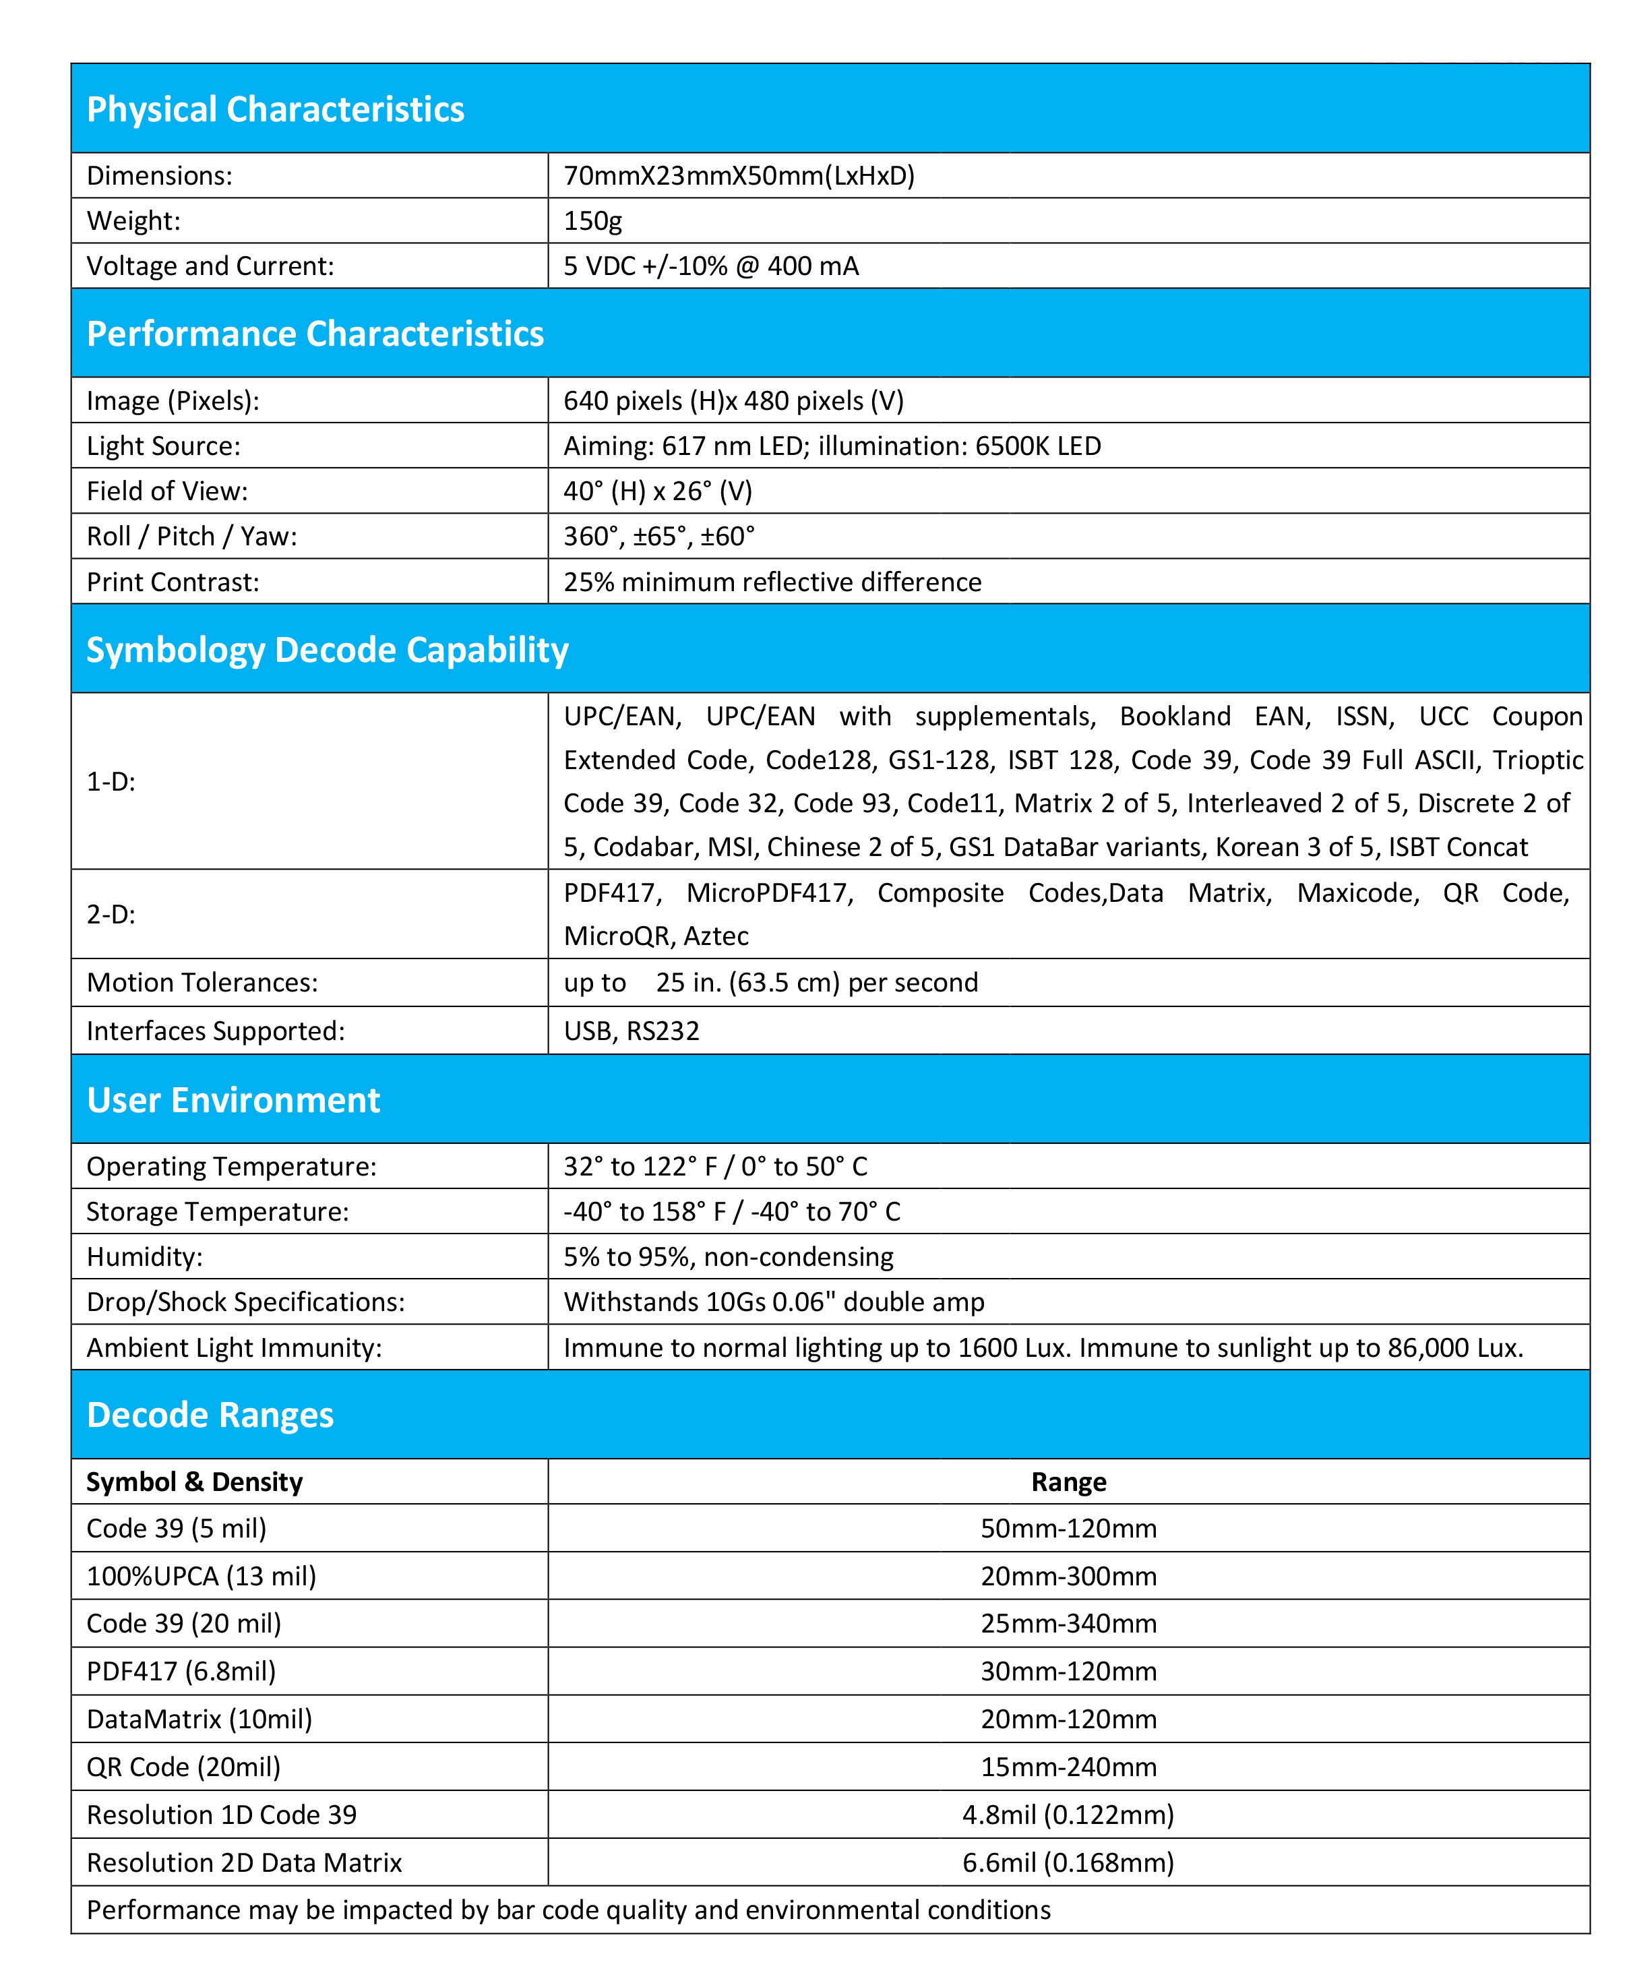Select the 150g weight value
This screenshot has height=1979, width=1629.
click(592, 220)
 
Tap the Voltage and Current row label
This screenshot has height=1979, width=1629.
click(210, 266)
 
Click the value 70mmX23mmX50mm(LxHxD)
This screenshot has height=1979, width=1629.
click(739, 175)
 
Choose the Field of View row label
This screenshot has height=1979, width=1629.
click(167, 491)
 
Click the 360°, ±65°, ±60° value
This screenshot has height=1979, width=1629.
click(658, 536)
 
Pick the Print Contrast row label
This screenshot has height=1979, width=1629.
click(173, 582)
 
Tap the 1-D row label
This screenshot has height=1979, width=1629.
click(111, 782)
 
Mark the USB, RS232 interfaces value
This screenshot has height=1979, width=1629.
click(631, 1031)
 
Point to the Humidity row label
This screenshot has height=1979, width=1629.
click(144, 1256)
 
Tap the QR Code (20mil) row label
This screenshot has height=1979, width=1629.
click(183, 1767)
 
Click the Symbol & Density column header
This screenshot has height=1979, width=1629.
click(194, 1482)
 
